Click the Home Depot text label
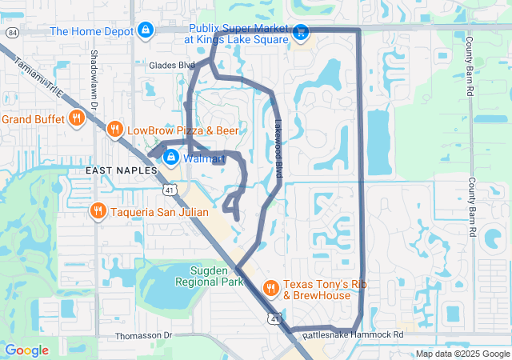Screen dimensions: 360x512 coord(90,31)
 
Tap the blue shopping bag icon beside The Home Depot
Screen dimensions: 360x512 coord(145,31)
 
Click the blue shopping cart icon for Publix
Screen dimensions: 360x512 coord(301,32)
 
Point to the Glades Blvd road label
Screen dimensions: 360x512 coord(171,66)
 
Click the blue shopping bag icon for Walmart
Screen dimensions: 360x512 coord(170,158)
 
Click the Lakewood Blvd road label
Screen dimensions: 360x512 coord(279,137)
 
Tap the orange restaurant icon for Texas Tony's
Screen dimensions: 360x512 coord(270,287)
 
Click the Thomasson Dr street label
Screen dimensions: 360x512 coord(143,335)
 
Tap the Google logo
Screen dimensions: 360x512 coord(27,350)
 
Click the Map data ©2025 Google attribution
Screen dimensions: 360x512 coord(462,354)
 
